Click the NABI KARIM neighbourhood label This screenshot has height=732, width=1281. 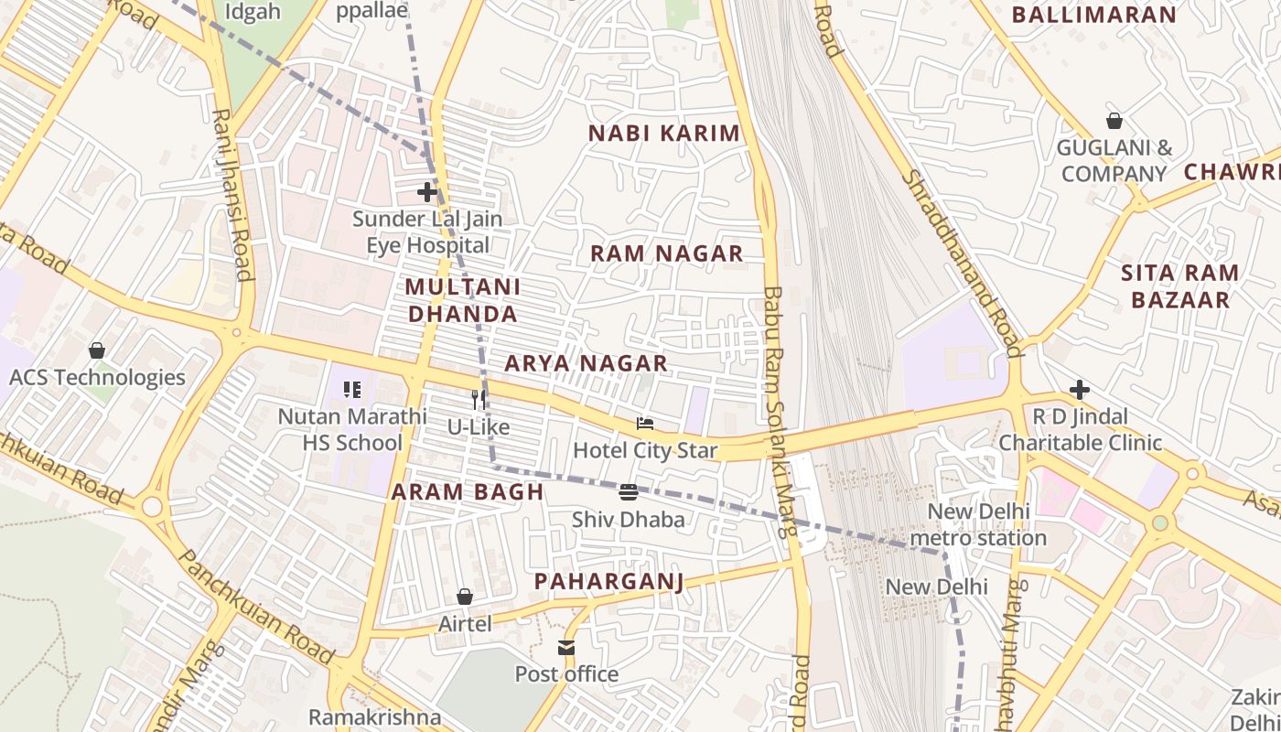coord(663,133)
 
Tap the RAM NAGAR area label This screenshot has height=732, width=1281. coord(666,253)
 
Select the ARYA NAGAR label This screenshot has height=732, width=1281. coord(586,363)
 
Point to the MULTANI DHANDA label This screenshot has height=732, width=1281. coord(462,300)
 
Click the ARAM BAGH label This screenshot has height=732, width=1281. coord(468,491)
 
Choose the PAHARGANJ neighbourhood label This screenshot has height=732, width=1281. coord(608,581)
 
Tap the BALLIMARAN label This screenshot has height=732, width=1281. coord(1093,15)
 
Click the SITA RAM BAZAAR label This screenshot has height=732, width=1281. coord(1179,285)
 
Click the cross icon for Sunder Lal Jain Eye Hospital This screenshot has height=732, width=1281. coord(426,192)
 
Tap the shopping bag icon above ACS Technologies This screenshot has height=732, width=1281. coord(96,350)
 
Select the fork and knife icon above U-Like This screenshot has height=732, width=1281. coord(478,400)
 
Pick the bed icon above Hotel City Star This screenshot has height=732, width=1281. coord(645,424)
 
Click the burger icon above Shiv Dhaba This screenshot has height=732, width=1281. coord(628,492)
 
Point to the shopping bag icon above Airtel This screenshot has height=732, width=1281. coord(465,597)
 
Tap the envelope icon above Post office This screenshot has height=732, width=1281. coord(566,648)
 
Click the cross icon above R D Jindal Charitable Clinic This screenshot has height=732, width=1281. coord(1080,390)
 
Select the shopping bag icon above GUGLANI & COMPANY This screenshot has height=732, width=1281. coord(1114,121)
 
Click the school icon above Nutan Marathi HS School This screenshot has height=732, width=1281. coord(352,390)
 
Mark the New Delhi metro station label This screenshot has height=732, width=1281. coord(978,524)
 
